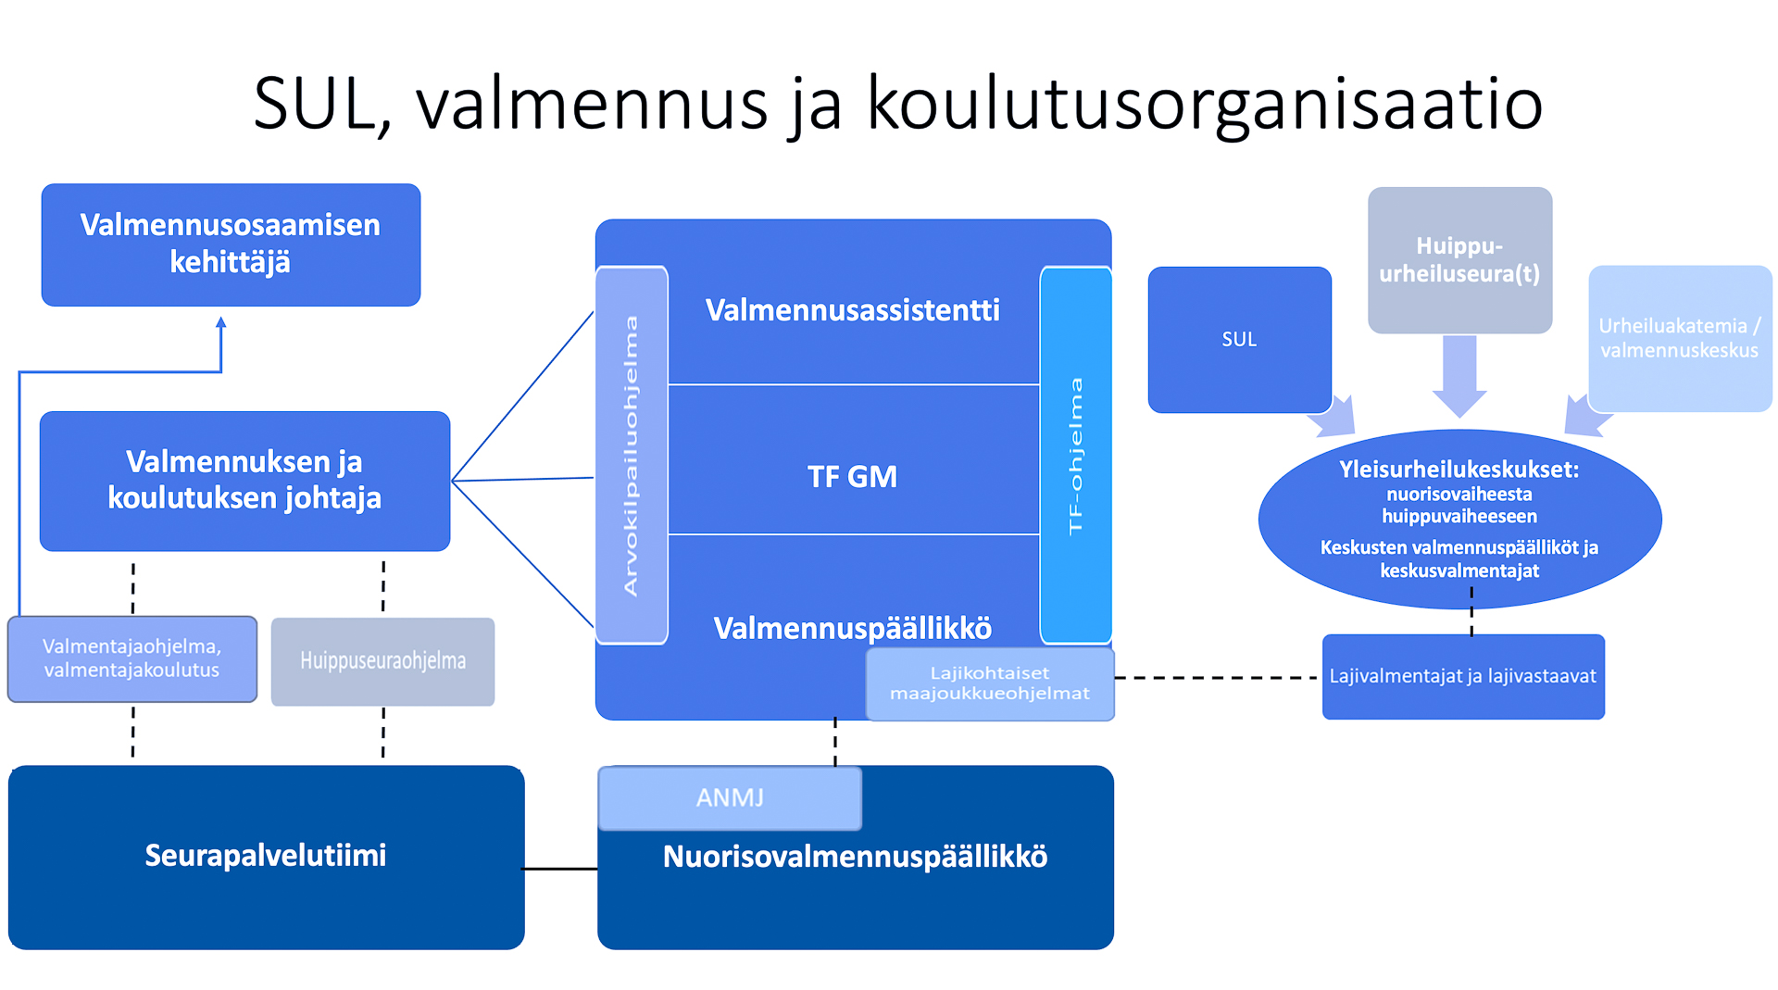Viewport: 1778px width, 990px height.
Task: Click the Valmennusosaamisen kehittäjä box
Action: [231, 244]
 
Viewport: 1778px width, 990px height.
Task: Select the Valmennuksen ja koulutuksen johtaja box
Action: [244, 481]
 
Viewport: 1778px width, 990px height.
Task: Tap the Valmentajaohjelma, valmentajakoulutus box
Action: [132, 658]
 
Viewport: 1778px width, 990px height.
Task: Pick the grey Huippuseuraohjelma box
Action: [382, 661]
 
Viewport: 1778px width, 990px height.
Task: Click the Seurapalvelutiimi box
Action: [266, 857]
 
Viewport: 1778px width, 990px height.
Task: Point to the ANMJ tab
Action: [730, 797]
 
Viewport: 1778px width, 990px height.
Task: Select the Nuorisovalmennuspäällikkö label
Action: [855, 857]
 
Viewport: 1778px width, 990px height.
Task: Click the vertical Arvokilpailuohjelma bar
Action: [632, 455]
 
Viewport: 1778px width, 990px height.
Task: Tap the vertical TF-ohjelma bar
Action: [1076, 455]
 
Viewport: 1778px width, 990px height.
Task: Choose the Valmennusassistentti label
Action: [853, 310]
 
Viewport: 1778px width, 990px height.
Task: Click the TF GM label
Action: [853, 477]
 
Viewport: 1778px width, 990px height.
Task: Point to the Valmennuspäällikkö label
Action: [853, 628]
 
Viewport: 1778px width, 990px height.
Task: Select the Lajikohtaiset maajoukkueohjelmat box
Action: [990, 683]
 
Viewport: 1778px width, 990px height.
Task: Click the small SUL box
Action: [1240, 340]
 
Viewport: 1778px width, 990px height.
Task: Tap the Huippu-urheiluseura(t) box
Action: [1459, 260]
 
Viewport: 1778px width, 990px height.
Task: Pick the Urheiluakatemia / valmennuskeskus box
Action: [1680, 338]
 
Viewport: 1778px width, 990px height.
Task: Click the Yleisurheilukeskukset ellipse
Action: [1459, 519]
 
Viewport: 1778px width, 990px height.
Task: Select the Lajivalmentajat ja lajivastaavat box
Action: [1463, 676]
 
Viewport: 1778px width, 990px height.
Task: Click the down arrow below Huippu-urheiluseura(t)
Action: [1459, 376]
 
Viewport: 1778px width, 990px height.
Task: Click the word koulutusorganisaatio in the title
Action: [1204, 104]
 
